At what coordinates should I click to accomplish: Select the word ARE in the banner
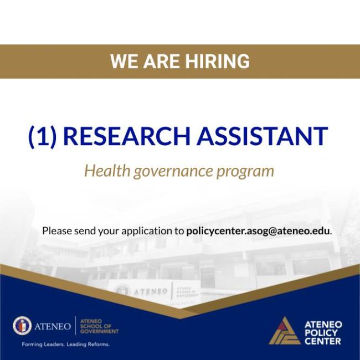click(160, 61)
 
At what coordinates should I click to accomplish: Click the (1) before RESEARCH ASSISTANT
click(43, 136)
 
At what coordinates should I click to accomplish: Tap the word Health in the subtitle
click(107, 171)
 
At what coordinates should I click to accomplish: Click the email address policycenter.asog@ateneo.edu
click(258, 230)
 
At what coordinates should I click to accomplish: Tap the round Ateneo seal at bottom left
click(22, 326)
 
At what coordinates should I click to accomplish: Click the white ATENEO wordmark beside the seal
click(53, 326)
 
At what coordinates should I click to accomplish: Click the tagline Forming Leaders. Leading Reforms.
click(65, 344)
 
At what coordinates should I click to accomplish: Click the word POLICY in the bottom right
click(321, 333)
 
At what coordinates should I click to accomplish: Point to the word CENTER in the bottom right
click(322, 341)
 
